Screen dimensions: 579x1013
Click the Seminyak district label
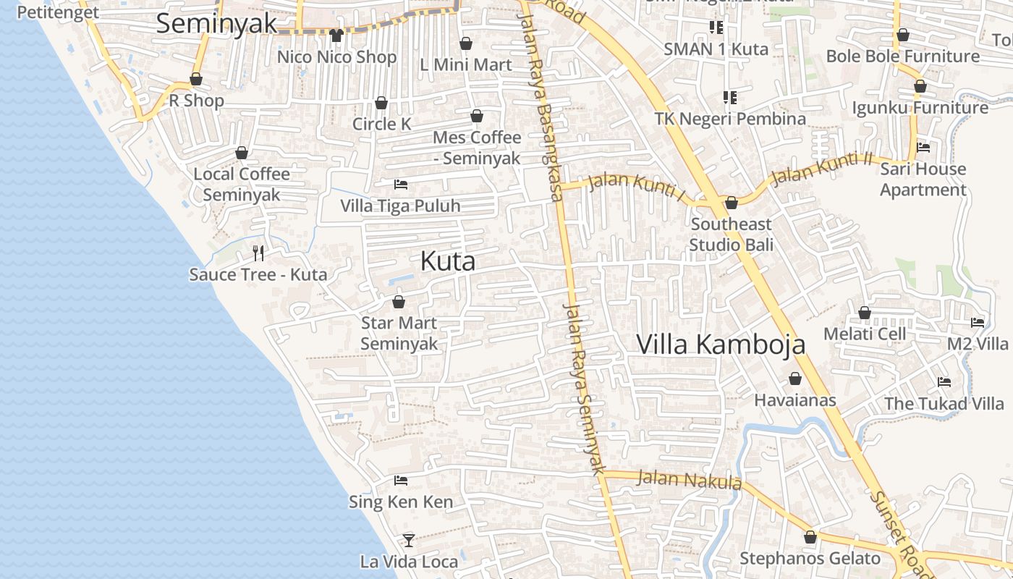[216, 23]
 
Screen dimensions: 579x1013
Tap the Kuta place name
[448, 261]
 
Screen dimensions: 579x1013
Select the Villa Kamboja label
[721, 344]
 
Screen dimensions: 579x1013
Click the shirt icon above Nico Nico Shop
[336, 35]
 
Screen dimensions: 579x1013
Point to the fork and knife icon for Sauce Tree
[258, 253]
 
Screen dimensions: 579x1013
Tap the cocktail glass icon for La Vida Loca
[409, 540]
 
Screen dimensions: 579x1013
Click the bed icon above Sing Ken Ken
[401, 481]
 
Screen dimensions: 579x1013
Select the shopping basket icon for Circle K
[381, 103]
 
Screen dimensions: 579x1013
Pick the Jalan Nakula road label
[690, 479]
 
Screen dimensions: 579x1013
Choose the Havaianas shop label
[795, 400]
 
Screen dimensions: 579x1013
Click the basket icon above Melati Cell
[865, 313]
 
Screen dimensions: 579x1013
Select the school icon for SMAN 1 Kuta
[716, 28]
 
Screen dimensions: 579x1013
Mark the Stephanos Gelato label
[810, 559]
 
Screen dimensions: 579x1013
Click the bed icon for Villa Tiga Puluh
[401, 185]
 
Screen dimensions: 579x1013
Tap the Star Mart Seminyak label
[399, 333]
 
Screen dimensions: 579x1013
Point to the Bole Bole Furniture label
[903, 56]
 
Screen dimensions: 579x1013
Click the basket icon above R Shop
[196, 79]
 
